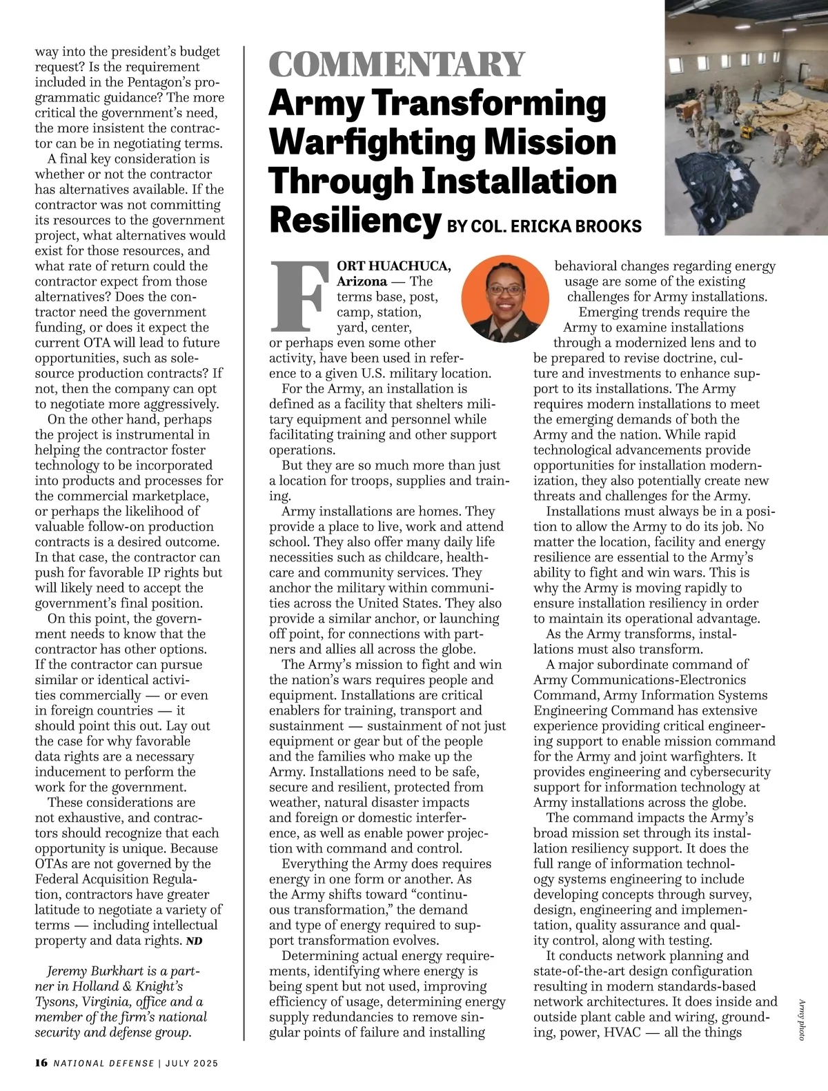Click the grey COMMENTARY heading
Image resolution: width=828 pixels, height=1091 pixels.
pos(397,64)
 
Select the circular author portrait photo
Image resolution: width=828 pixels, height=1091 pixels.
pos(505,298)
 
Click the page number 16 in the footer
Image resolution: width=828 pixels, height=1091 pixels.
pos(41,1063)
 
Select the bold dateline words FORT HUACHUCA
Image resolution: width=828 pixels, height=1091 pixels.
pos(394,266)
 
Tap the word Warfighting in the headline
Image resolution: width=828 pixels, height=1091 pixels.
pos(372,142)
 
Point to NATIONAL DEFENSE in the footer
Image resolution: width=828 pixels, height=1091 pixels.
pos(104,1063)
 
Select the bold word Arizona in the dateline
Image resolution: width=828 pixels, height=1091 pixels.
pos(362,281)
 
